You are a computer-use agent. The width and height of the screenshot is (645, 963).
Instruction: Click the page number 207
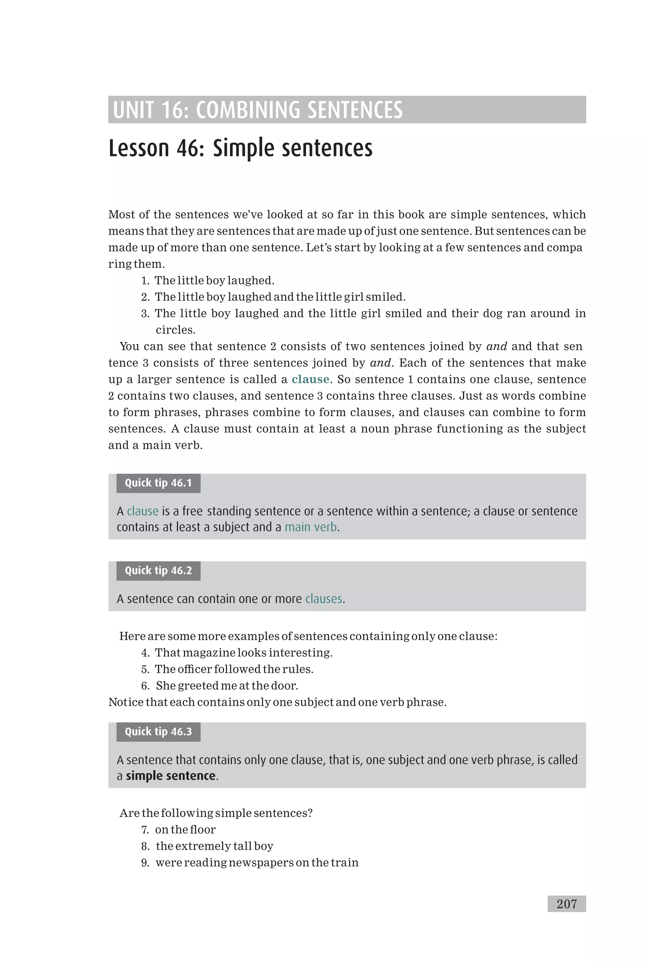tap(567, 904)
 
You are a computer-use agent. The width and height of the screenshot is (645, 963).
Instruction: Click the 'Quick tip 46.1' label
tap(158, 483)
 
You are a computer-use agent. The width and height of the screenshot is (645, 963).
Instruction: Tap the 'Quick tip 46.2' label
tap(158, 570)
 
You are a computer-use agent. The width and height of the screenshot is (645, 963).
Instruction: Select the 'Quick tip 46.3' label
tap(158, 732)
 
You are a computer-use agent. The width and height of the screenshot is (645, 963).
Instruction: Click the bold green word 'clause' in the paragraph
tap(310, 379)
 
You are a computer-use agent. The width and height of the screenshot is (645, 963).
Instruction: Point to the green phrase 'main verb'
tap(311, 527)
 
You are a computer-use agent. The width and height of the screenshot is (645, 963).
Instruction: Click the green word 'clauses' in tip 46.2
tap(323, 599)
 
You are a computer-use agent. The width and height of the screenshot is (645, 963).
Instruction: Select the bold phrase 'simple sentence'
tap(170, 776)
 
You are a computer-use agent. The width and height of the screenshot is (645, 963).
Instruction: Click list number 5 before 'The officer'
tap(145, 669)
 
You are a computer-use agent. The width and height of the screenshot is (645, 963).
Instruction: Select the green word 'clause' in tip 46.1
tap(142, 511)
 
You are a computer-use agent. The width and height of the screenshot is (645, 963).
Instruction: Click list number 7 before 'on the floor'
tap(145, 830)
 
